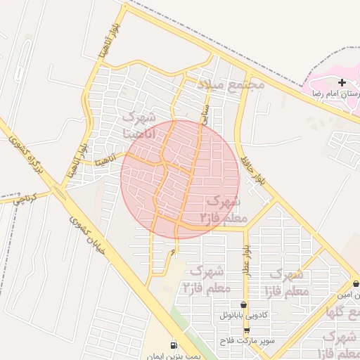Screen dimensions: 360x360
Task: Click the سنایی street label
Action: click(x=205, y=114)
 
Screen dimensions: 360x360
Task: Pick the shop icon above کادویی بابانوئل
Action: click(x=244, y=305)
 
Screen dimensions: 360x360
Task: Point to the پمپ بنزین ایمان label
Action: click(x=164, y=356)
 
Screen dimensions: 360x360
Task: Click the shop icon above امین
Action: click(x=356, y=283)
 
